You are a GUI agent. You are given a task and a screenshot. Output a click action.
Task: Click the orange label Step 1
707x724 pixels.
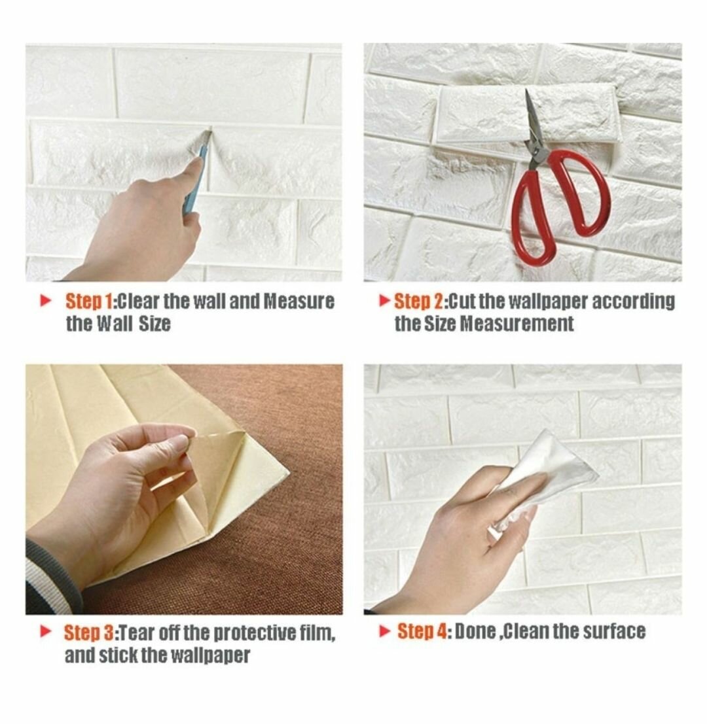90,302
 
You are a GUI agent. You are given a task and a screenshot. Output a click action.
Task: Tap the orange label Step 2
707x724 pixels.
418,302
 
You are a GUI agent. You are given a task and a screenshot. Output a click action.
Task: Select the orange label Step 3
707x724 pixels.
90,633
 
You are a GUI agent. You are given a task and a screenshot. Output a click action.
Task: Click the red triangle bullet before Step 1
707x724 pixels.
45,301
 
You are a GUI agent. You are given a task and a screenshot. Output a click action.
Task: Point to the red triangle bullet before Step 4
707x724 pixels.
385,631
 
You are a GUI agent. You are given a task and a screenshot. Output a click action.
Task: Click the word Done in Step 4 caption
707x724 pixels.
475,632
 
